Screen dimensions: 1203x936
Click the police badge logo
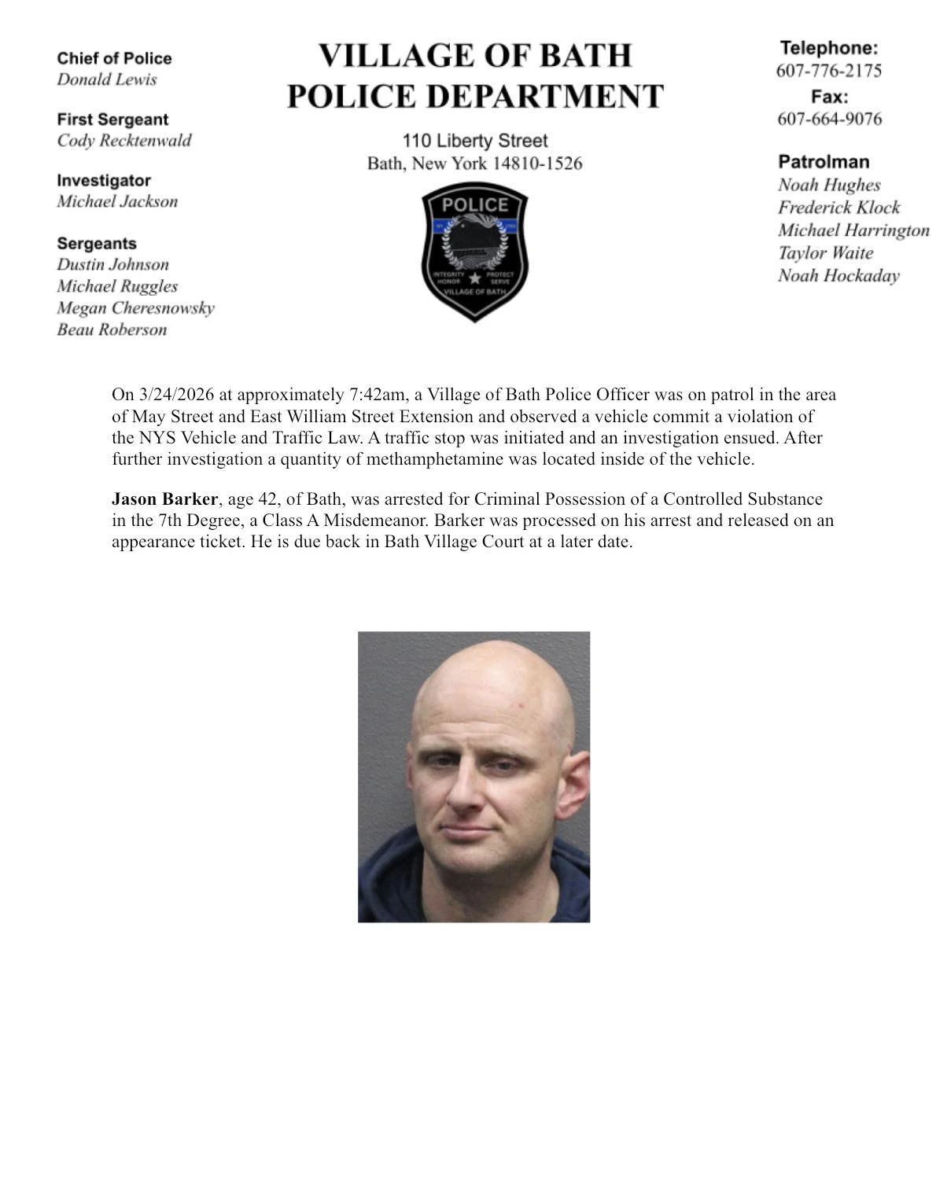(474, 252)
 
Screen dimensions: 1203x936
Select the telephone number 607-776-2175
(828, 71)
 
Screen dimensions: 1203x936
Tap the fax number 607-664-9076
(829, 119)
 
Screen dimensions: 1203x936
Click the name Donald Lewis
(107, 79)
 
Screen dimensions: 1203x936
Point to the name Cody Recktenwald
(123, 141)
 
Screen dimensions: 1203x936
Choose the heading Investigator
(104, 181)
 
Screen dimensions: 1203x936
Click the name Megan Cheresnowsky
(135, 308)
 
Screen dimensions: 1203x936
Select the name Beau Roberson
(112, 329)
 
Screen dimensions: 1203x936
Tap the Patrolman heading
(824, 162)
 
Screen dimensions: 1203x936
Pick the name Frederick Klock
(838, 208)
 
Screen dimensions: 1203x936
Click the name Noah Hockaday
(838, 276)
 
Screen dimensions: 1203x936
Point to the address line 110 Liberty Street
(474, 142)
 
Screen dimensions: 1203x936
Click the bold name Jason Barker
(164, 499)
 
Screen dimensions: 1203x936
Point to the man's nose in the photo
(480, 794)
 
